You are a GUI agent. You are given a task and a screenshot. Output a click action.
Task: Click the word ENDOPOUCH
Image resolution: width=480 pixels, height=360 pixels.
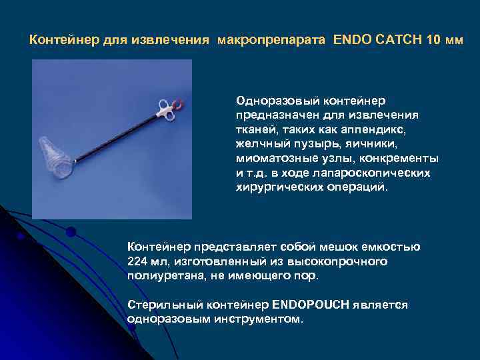pyautogui.click(x=311, y=305)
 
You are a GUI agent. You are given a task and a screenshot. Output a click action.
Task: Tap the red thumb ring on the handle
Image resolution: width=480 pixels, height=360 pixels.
pyautogui.click(x=179, y=104)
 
